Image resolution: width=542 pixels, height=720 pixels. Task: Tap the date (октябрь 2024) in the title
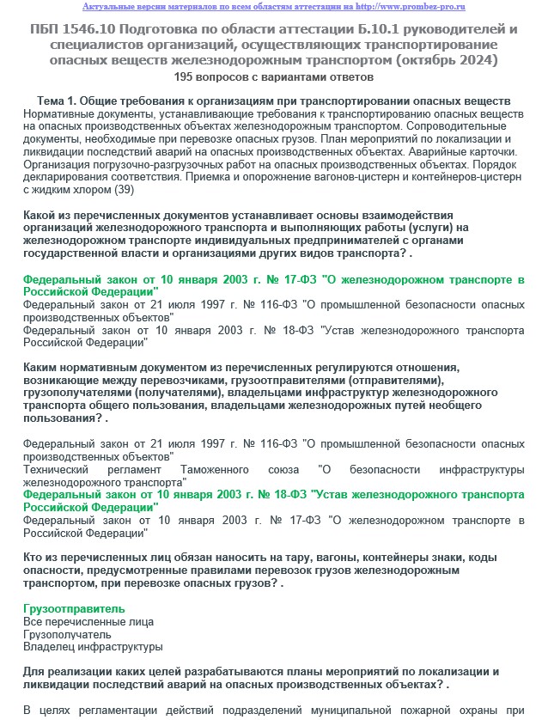click(x=448, y=59)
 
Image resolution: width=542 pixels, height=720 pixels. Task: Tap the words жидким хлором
click(x=70, y=189)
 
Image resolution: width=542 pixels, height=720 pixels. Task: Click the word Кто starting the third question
click(x=33, y=557)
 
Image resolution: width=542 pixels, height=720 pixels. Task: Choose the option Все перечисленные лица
click(x=88, y=621)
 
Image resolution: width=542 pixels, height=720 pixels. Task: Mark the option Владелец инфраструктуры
click(x=93, y=647)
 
